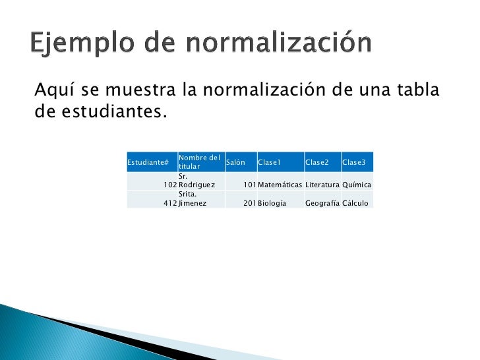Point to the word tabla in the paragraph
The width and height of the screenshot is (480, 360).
click(419, 89)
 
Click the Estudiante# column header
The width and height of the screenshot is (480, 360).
click(148, 163)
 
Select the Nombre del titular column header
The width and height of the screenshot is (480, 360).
click(199, 162)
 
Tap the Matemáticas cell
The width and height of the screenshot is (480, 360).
click(280, 185)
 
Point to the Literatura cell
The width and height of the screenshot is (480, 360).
click(322, 185)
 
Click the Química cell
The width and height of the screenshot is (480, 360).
click(357, 185)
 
